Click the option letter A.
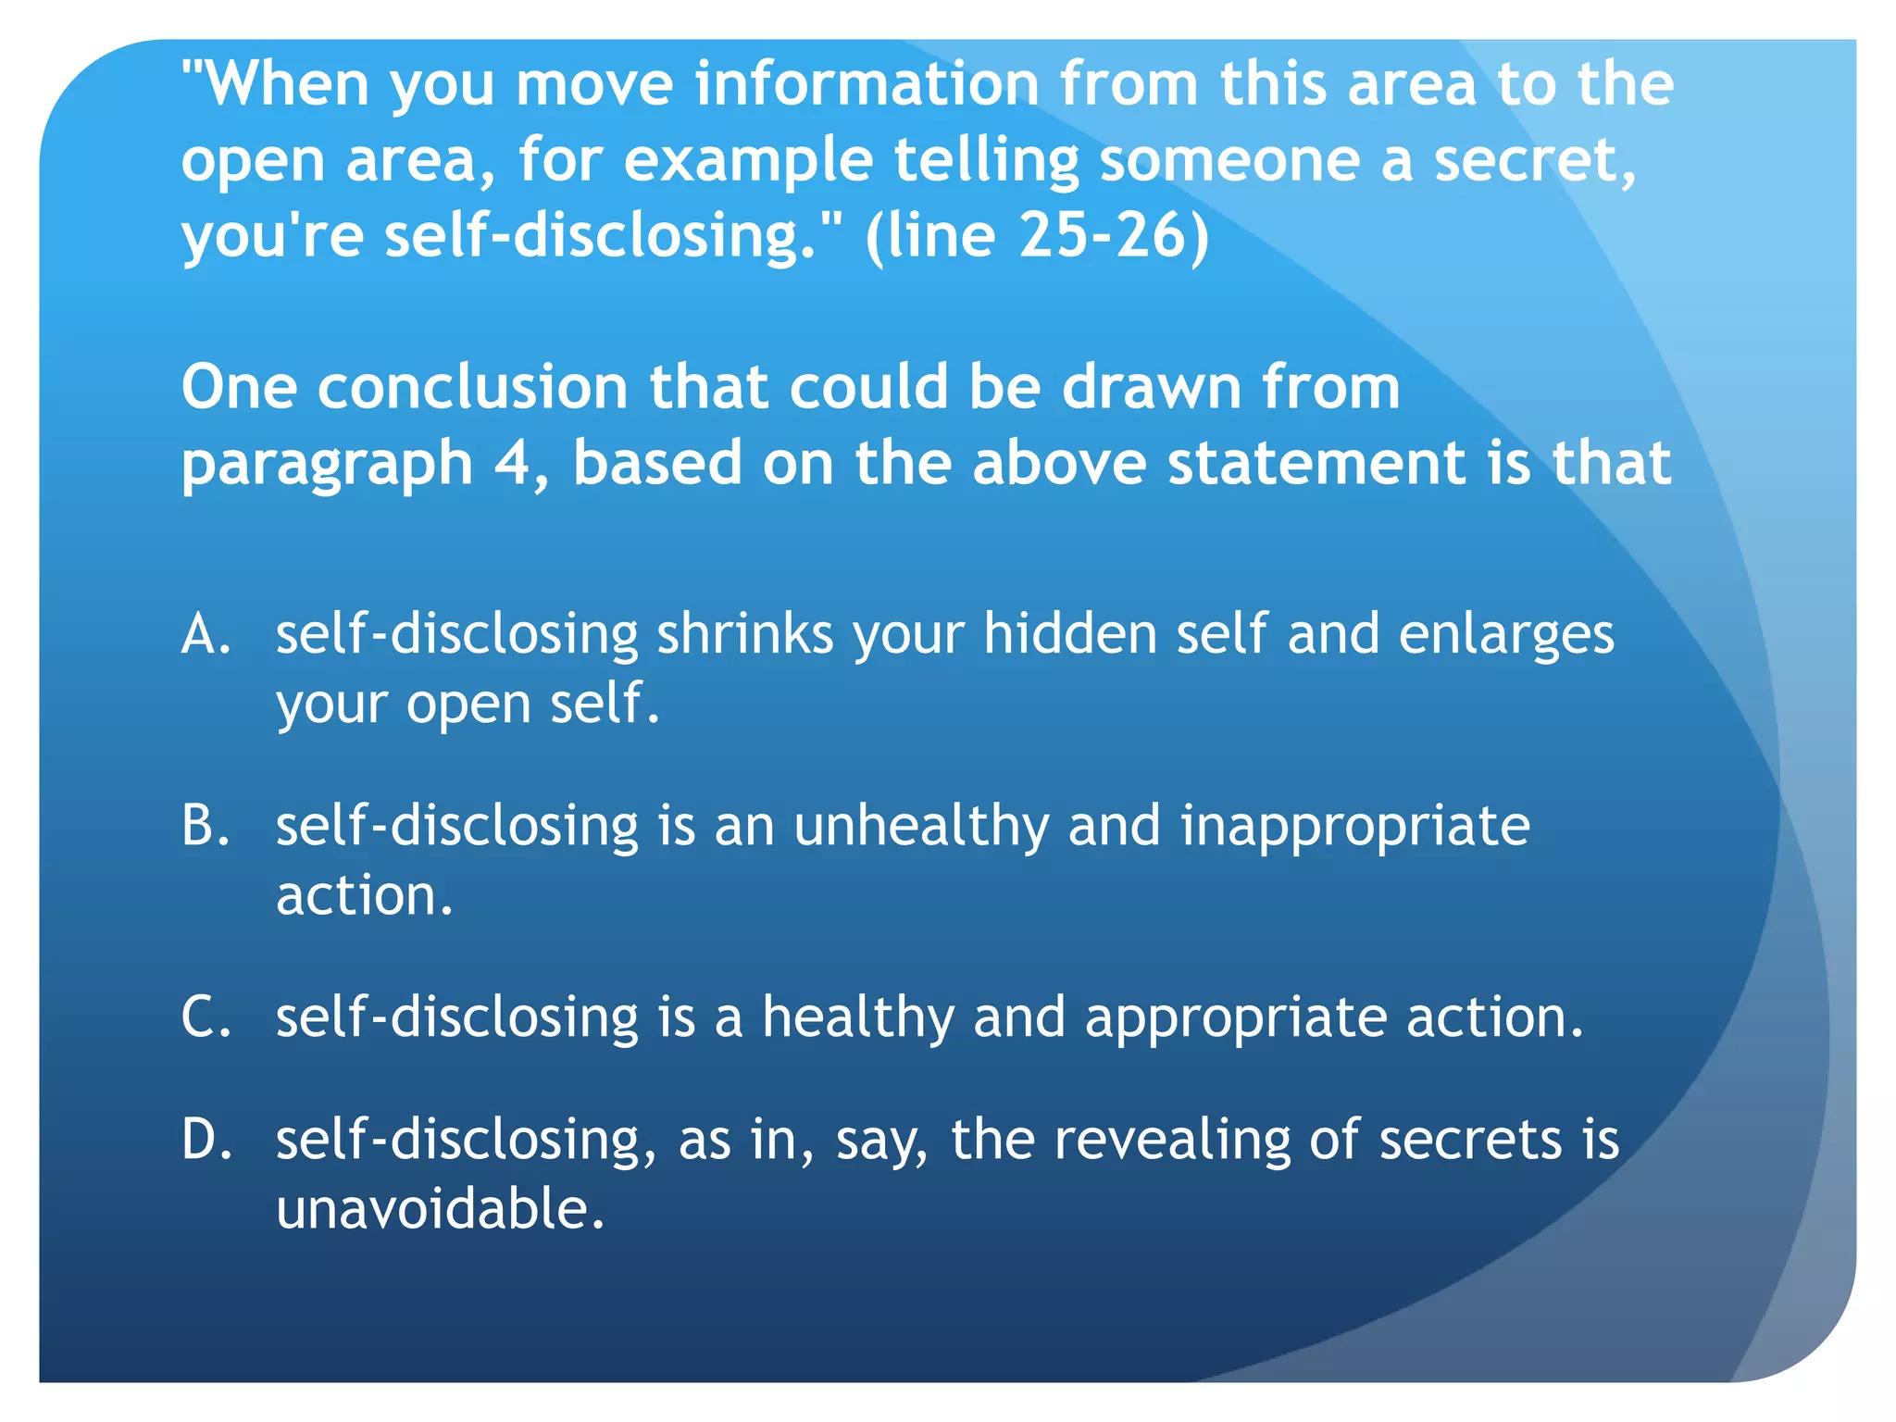pyautogui.click(x=205, y=635)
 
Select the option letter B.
pyautogui.click(x=205, y=826)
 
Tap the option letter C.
pyautogui.click(x=205, y=1017)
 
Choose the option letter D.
pyautogui.click(x=205, y=1139)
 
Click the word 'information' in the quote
pyautogui.click(x=867, y=83)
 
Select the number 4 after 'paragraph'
pyautogui.click(x=512, y=463)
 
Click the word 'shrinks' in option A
pyautogui.click(x=744, y=635)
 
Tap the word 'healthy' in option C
pyautogui.click(x=857, y=1018)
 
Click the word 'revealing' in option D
pyautogui.click(x=1172, y=1141)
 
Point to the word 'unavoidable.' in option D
pyautogui.click(x=441, y=1209)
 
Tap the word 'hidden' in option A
pyautogui.click(x=1069, y=635)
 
